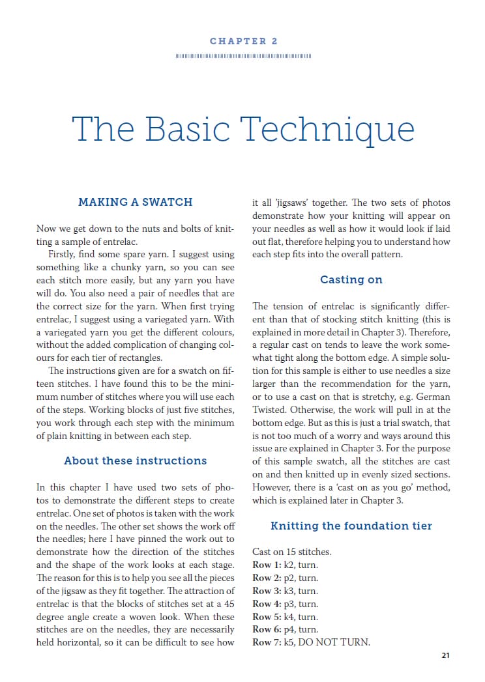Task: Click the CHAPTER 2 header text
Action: tap(243, 41)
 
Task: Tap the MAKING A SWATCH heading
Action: tap(135, 202)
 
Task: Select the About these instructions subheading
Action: tap(135, 461)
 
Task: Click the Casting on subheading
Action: tap(351, 279)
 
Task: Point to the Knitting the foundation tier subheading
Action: tap(351, 526)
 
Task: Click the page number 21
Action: tap(445, 655)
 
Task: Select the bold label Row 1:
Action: tap(267, 565)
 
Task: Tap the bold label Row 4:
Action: tap(267, 604)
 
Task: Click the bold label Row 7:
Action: tap(267, 643)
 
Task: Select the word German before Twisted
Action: tap(434, 397)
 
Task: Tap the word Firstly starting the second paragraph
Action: tap(65, 254)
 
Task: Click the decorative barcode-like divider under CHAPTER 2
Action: tap(243, 56)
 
